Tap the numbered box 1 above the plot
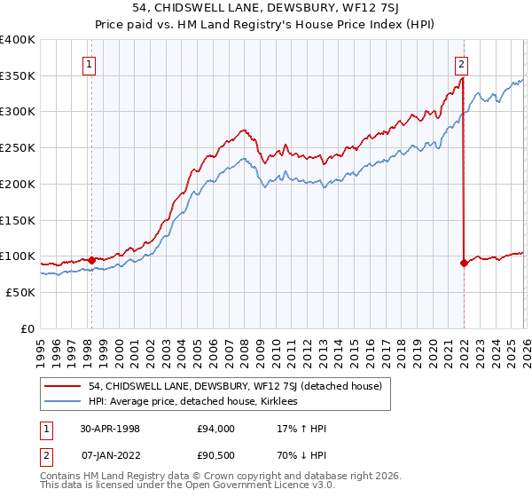(90, 63)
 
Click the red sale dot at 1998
(91, 260)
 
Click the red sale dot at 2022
(464, 263)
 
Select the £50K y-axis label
(20, 292)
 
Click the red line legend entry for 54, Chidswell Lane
(234, 386)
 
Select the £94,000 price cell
(216, 429)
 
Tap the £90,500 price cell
(216, 457)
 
